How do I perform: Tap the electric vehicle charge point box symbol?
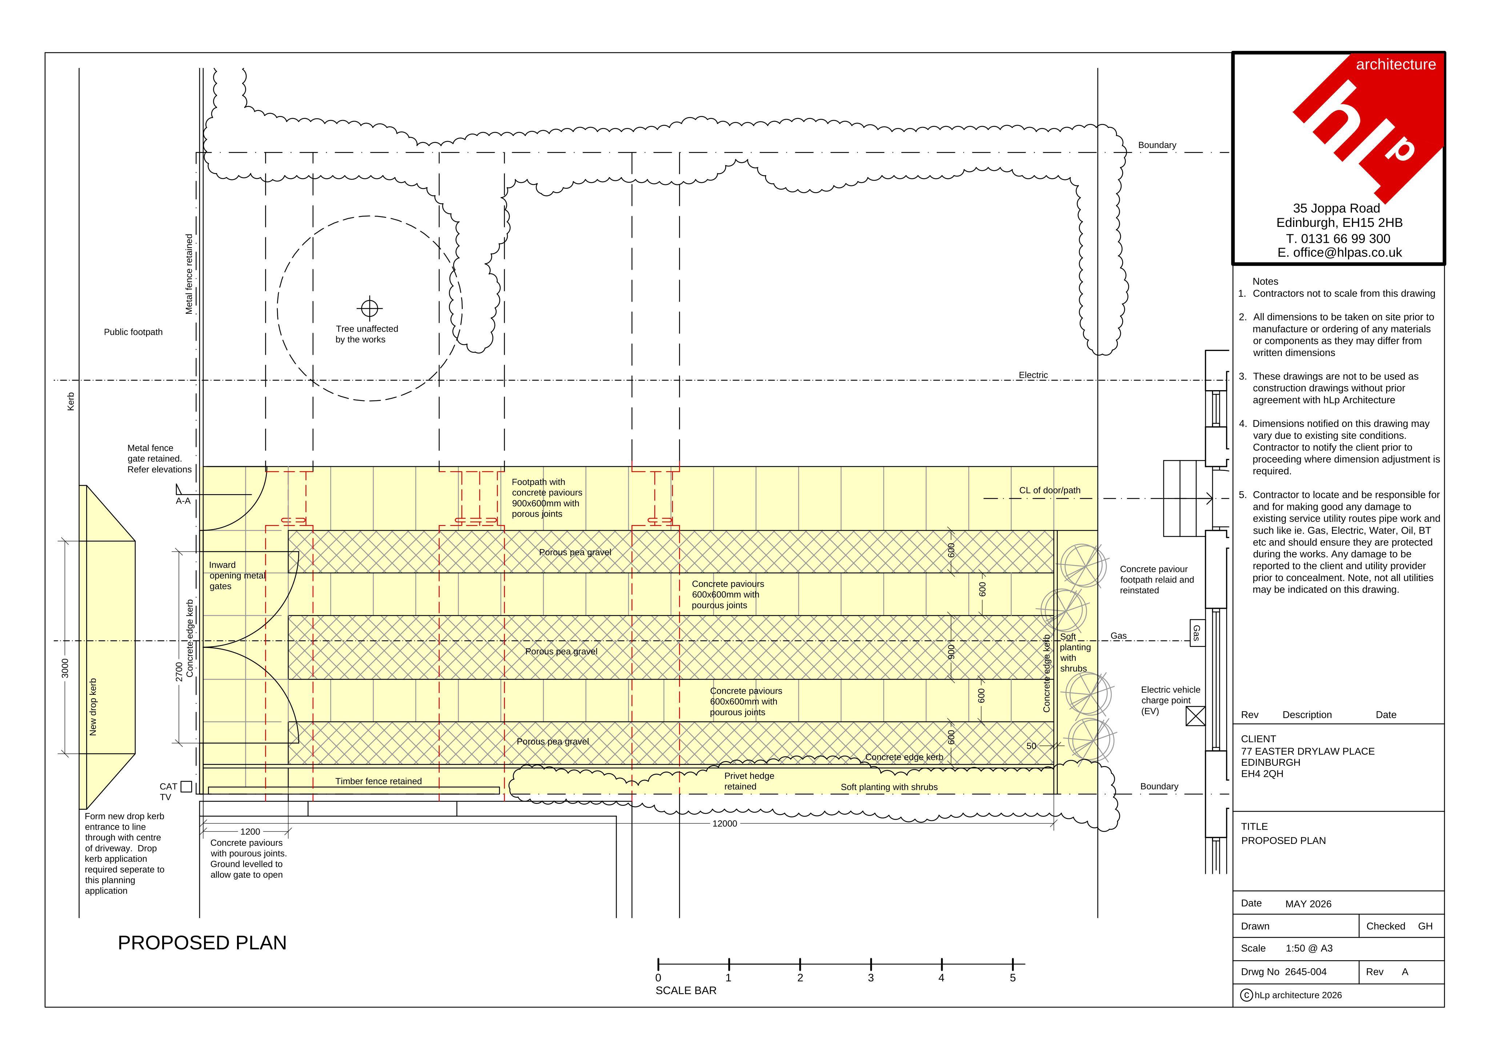coord(1195,716)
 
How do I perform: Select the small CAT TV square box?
coord(186,786)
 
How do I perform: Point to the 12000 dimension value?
coord(725,823)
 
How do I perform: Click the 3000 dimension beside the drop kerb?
coord(65,668)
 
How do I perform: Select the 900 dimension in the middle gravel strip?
coord(951,651)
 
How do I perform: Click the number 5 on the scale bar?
coord(1012,978)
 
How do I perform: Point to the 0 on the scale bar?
coord(658,978)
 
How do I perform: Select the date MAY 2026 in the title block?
coord(1308,904)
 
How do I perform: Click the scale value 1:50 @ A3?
coord(1309,948)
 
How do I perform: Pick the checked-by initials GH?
coord(1425,926)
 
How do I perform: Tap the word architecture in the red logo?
coord(1396,64)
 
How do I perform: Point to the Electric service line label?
coord(1033,375)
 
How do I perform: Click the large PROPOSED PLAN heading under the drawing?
coord(202,943)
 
